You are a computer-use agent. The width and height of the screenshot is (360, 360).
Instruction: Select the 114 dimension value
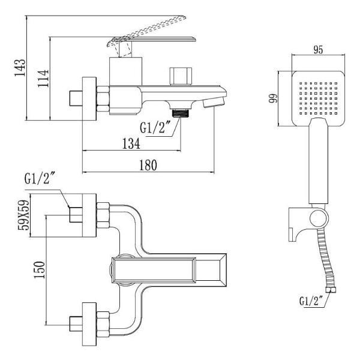43,78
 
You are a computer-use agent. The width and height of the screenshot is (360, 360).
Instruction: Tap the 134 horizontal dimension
131,143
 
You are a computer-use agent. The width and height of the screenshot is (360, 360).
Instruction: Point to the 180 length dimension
148,165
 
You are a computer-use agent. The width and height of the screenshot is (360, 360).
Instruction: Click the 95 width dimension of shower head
318,50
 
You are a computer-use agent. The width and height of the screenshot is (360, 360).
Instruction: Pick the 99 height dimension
274,98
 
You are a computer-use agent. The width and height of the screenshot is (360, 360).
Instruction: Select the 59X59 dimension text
23,215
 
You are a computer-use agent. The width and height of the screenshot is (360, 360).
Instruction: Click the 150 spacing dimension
39,270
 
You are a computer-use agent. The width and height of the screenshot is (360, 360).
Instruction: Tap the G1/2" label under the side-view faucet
155,127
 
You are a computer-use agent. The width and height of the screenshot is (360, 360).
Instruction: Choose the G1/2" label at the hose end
311,301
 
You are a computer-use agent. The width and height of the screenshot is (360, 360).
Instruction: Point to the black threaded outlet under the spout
181,113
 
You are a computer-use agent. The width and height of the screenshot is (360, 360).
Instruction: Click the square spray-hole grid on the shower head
318,98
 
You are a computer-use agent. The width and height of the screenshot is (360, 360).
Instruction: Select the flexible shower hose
325,259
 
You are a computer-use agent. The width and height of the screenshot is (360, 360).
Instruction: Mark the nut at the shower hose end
331,290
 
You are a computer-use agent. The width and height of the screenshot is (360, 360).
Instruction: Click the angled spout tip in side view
214,102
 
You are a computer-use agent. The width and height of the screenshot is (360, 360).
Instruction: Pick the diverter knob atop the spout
181,76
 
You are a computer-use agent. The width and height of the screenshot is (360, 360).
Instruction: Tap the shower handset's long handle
319,161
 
